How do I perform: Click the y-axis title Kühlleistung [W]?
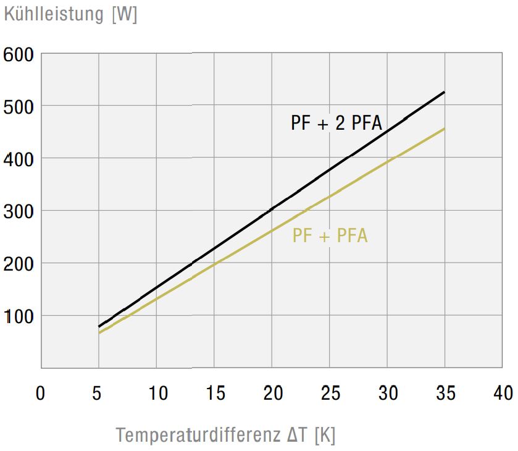tap(70, 14)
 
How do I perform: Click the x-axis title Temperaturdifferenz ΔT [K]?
tap(225, 435)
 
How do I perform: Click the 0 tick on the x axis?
tap(41, 393)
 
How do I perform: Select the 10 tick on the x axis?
tap(156, 393)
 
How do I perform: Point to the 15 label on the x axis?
tap(214, 393)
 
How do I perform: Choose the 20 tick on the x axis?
tap(272, 393)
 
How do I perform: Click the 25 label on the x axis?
tap(330, 393)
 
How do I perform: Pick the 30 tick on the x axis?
tap(387, 393)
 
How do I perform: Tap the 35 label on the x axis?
tap(445, 393)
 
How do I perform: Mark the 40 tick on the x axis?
tap(502, 393)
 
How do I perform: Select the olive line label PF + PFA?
tap(330, 236)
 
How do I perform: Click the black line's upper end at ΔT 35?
tap(445, 92)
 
